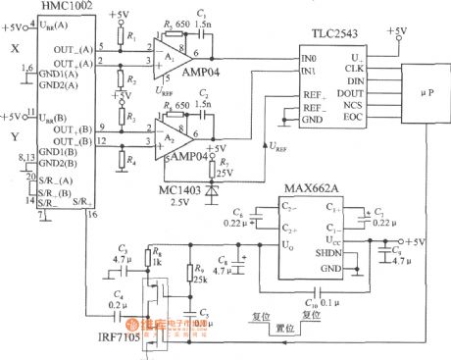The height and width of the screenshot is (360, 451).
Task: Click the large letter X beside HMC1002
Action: pos(14,48)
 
